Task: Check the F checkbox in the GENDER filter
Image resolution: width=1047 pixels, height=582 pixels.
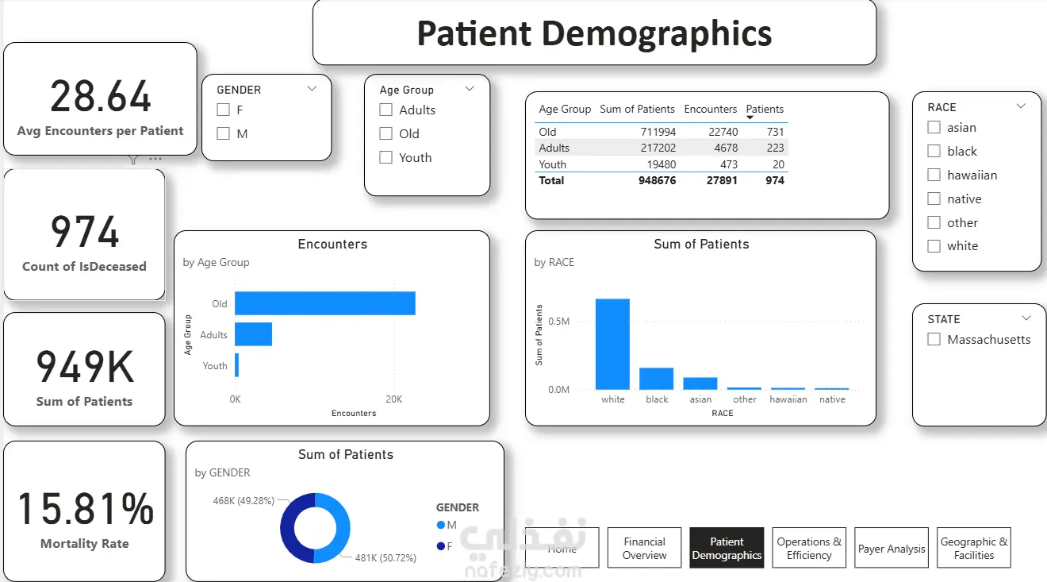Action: click(x=224, y=110)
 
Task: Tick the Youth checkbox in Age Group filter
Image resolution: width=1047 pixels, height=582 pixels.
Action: click(x=385, y=158)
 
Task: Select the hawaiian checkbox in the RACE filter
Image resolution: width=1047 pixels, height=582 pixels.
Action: click(x=934, y=175)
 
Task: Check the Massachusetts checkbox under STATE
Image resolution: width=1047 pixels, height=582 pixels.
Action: click(x=934, y=339)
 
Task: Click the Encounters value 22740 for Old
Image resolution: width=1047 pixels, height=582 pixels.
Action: click(x=723, y=132)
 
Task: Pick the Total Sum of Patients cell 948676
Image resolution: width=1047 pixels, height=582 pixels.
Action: click(x=658, y=180)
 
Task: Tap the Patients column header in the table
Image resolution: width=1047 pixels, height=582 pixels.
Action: click(x=765, y=109)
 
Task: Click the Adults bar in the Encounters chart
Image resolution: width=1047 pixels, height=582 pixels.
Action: click(x=253, y=334)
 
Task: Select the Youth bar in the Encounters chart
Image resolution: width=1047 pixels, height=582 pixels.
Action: click(x=237, y=365)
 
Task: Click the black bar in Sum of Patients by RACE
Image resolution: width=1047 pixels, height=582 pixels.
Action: click(x=656, y=379)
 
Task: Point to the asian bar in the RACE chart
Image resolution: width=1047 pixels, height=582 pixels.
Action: click(x=700, y=384)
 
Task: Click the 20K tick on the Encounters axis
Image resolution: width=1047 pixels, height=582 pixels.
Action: click(x=394, y=399)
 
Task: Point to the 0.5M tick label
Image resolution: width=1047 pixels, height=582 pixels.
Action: click(x=559, y=322)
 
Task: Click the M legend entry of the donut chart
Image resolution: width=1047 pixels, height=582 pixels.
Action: click(x=447, y=525)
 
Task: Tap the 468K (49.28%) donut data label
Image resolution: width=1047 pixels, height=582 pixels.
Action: click(x=244, y=500)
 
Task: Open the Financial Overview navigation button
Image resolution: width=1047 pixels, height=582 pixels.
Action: click(x=645, y=548)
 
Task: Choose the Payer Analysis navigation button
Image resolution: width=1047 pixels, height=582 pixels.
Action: click(x=892, y=548)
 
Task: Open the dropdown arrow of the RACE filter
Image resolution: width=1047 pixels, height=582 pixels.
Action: click(x=1021, y=106)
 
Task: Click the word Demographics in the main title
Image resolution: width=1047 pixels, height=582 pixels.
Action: click(x=657, y=34)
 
